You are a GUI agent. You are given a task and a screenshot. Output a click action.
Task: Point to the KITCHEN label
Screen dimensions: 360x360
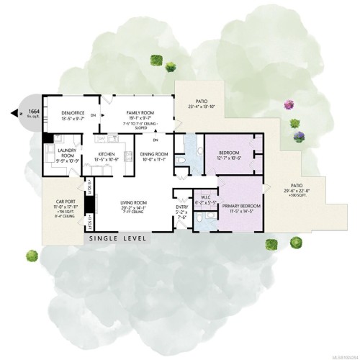click(107, 153)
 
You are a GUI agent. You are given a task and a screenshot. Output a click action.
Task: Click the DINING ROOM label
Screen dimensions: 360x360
click(153, 153)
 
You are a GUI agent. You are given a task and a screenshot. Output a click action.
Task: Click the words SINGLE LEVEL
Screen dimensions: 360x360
click(118, 238)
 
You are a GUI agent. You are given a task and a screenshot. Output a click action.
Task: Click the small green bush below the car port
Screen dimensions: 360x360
click(32, 254)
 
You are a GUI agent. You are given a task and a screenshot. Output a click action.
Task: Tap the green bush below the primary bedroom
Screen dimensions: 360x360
click(271, 245)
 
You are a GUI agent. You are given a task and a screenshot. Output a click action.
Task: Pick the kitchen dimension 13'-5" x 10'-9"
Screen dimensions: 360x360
click(107, 159)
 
